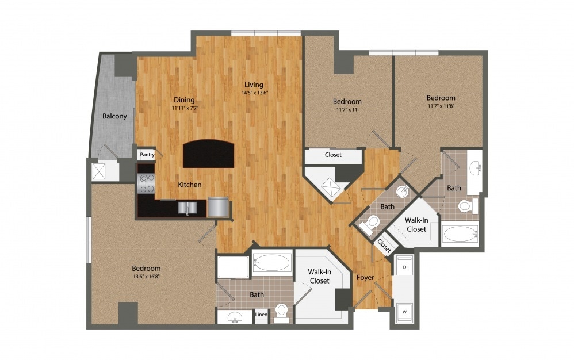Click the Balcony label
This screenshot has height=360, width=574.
tap(114, 116)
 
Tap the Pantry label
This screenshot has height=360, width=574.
tap(147, 154)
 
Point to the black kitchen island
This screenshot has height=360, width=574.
tap(208, 153)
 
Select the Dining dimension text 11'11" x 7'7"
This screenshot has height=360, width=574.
tap(185, 108)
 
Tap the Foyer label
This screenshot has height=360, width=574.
tap(365, 278)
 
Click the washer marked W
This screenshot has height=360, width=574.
tap(404, 312)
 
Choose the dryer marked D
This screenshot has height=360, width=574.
tap(404, 268)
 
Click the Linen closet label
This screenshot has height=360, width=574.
tap(261, 315)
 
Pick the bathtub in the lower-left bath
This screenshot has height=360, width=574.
tap(271, 263)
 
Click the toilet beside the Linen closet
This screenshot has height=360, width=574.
tap(281, 311)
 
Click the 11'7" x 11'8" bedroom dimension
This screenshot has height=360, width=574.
tap(441, 106)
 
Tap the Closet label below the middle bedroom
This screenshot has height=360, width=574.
tap(333, 155)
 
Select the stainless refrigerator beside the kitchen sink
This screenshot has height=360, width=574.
tap(218, 206)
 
